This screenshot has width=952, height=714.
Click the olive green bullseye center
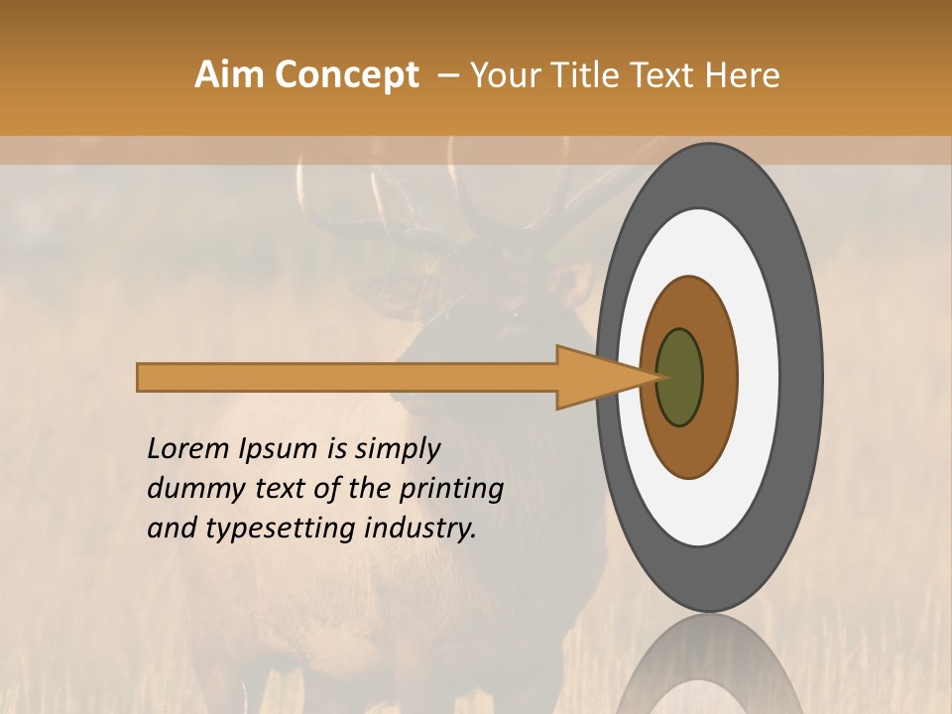coord(680,377)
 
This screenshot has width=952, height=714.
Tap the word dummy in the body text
coord(186,489)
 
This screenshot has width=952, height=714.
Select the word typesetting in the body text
coord(274,530)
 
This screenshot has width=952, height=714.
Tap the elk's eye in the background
coord(514,313)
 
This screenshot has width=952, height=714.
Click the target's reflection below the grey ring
coord(708,669)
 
